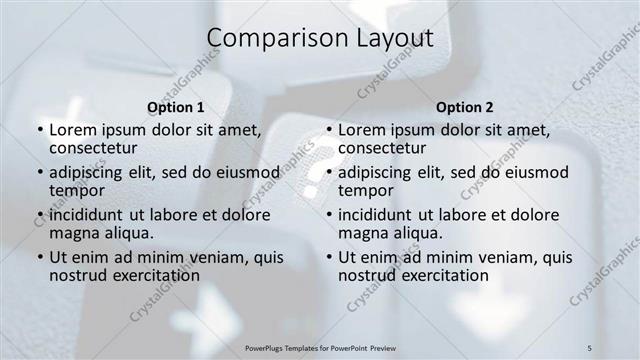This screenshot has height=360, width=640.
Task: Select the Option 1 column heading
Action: (176, 107)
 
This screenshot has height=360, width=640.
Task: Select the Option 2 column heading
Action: (465, 107)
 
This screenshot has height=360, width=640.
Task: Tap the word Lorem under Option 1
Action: (73, 130)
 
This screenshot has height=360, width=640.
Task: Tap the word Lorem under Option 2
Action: (362, 130)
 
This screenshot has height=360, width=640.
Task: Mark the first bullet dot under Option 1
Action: (40, 131)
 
